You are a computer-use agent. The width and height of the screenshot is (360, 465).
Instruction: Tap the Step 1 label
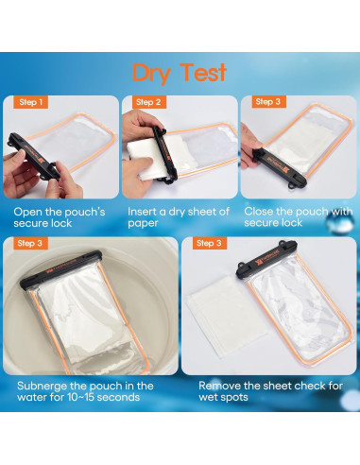point(30,101)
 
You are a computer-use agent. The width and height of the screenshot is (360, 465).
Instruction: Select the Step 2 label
point(149,101)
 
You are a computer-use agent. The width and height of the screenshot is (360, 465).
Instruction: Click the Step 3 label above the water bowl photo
point(30,243)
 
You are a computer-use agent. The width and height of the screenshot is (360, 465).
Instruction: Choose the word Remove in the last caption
point(220,387)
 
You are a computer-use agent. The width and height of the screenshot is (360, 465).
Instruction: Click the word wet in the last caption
point(209,398)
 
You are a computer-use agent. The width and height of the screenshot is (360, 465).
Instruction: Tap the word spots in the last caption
point(235,398)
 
